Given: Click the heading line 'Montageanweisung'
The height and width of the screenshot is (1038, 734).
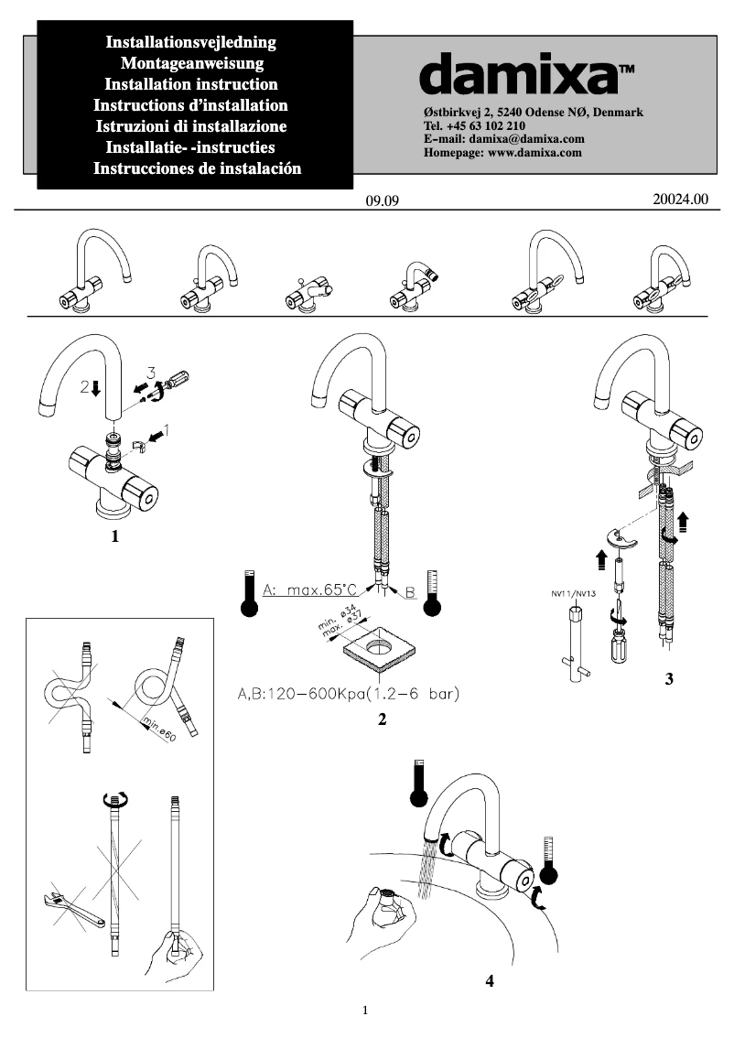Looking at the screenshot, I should coord(192,63).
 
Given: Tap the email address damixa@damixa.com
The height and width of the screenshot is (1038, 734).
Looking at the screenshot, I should coord(534,139).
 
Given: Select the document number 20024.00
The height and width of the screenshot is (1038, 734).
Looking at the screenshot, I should coord(681,198).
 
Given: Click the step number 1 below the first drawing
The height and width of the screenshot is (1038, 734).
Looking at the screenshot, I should coord(115,537).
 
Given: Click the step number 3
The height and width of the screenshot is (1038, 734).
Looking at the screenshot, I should coord(671,680).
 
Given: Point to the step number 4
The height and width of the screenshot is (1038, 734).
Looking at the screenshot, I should coord(491,980).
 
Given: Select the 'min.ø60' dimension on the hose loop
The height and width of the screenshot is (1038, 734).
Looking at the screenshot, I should coord(157,730).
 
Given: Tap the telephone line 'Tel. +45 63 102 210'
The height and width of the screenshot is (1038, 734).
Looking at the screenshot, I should coord(474,125).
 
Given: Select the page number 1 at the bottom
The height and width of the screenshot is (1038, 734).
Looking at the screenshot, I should coord(366,1011).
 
